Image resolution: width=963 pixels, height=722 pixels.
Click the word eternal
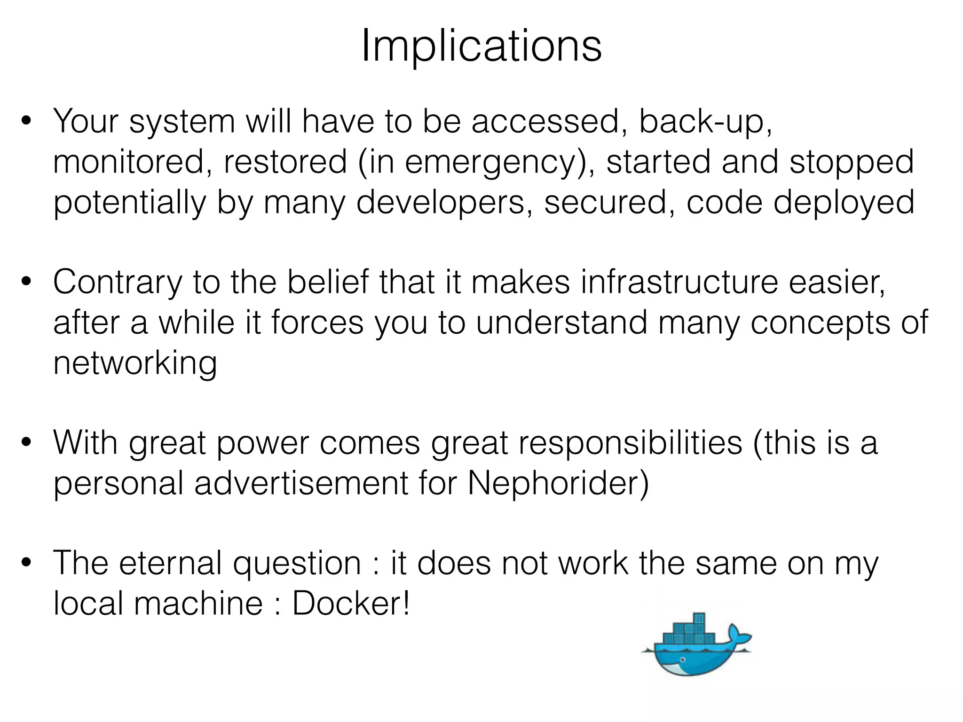(x=170, y=563)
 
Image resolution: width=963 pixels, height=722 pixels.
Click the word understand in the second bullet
(x=561, y=323)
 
